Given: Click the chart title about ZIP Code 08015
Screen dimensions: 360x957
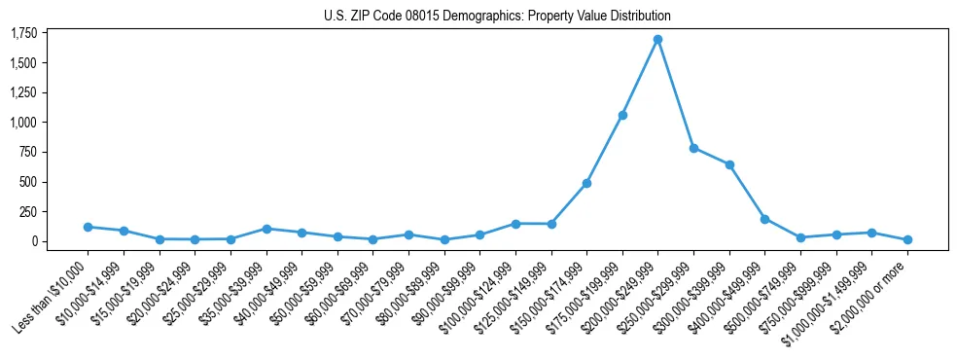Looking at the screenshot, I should (497, 17).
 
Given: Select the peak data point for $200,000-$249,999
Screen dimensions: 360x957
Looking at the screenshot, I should (657, 40).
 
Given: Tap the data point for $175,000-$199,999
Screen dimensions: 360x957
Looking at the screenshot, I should (622, 115).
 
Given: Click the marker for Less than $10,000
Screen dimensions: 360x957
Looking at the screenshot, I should (88, 227).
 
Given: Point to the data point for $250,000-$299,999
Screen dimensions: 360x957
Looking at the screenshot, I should (693, 148).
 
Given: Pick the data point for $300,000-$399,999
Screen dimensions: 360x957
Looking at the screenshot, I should (729, 164).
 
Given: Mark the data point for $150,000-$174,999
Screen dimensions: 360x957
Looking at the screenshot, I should (586, 183).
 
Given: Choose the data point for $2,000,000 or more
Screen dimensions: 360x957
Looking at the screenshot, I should (907, 239).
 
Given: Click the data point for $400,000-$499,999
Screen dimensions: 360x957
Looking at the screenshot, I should (764, 219).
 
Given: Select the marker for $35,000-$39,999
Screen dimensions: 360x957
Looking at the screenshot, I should (266, 229).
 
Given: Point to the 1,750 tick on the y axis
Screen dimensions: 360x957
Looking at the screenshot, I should (23, 34).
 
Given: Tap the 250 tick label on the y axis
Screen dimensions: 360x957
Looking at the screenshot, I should (27, 211).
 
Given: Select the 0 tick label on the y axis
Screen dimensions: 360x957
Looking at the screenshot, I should (33, 241).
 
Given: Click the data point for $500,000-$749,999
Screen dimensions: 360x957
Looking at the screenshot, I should (800, 237).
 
